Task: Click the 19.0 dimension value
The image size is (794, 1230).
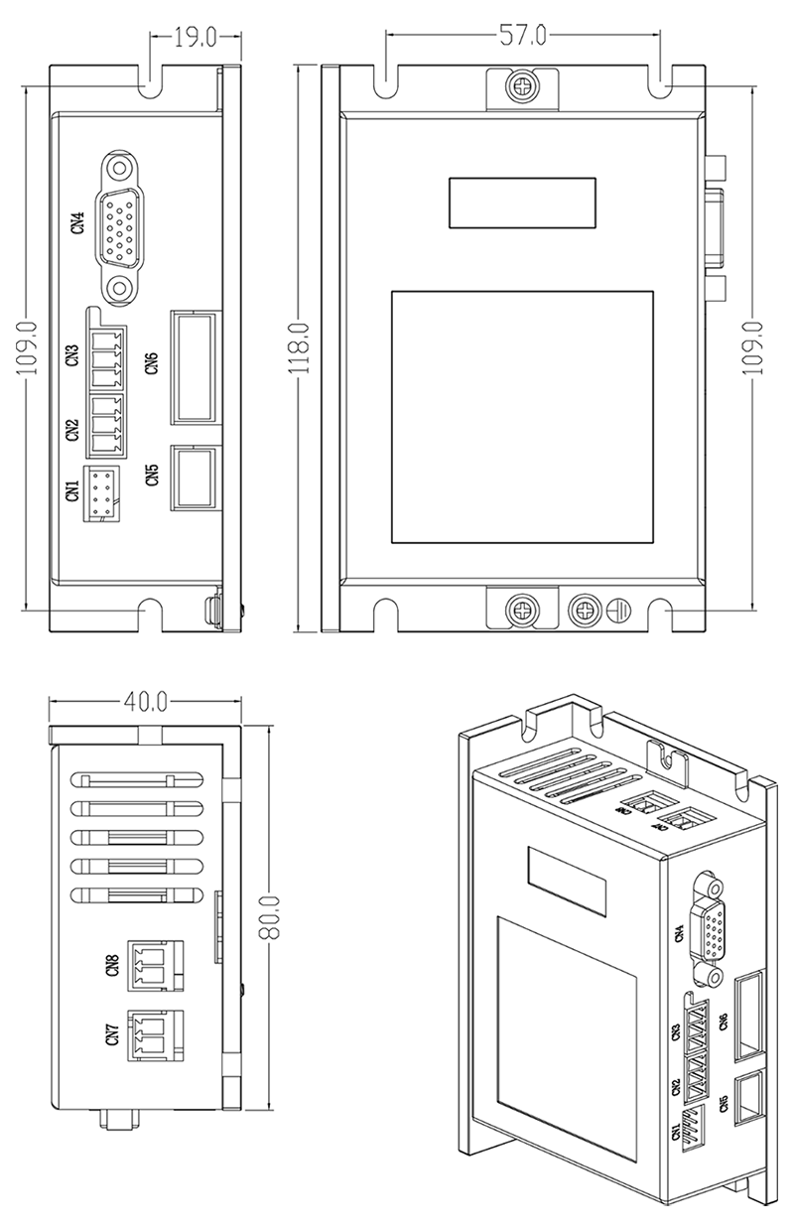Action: pyautogui.click(x=196, y=39)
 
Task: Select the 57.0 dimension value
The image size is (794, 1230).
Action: pyautogui.click(x=522, y=38)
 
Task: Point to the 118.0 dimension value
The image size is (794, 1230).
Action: pyautogui.click(x=302, y=347)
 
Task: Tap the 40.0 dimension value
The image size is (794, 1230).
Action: pyautogui.click(x=145, y=701)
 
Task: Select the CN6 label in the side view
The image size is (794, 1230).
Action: pyautogui.click(x=152, y=364)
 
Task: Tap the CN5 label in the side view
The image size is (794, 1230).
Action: pyautogui.click(x=152, y=476)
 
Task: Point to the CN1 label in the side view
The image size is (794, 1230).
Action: pyautogui.click(x=72, y=490)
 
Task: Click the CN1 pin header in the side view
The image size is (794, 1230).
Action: pyautogui.click(x=100, y=491)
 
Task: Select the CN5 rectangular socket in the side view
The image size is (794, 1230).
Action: pyautogui.click(x=194, y=477)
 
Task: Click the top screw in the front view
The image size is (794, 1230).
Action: pyautogui.click(x=523, y=86)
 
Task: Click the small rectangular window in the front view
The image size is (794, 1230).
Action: pyautogui.click(x=522, y=202)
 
